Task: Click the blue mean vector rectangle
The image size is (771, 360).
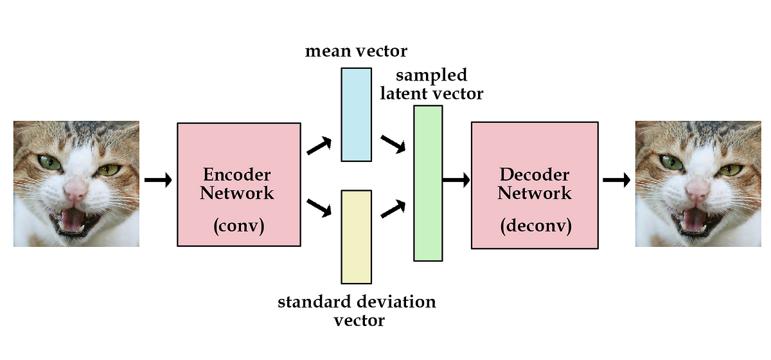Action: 356,114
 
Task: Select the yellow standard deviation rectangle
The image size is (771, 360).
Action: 356,237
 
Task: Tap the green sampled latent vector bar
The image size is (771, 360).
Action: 428,183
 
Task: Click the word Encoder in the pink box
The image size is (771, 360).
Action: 236,175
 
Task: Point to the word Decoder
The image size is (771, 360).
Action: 535,175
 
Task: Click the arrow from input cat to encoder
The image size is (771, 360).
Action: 158,180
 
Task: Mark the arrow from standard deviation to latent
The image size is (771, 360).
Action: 393,208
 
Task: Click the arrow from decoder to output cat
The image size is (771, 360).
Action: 617,180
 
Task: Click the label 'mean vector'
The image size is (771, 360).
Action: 356,51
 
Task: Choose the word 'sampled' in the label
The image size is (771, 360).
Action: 432,75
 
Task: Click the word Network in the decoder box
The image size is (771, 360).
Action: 535,192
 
